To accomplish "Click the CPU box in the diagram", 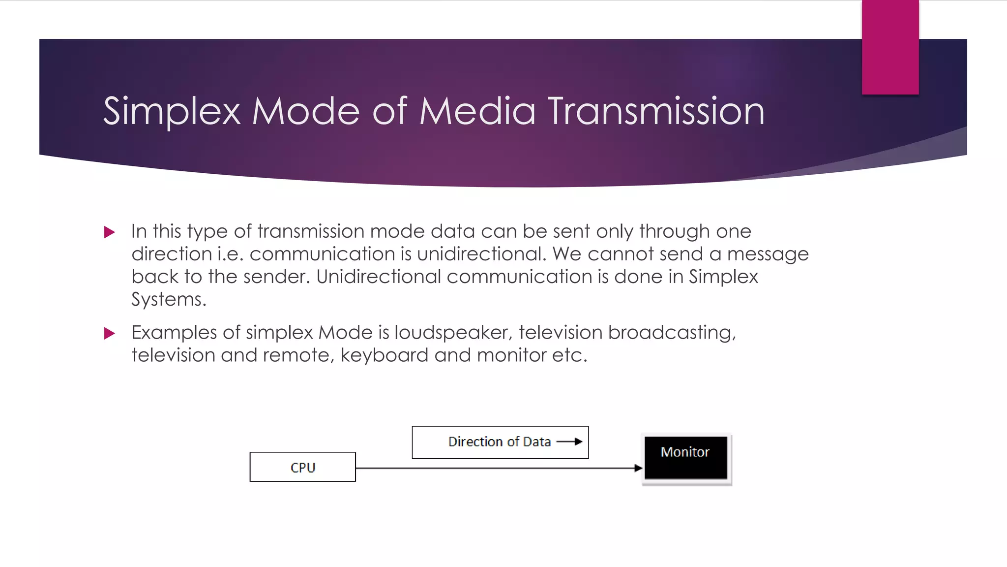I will (302, 467).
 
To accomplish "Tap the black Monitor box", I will (685, 457).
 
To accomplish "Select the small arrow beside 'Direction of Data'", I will (570, 441).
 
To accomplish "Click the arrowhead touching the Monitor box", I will (638, 468).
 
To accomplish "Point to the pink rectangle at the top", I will (890, 47).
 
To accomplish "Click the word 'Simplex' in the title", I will (172, 112).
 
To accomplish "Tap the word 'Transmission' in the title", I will (656, 112).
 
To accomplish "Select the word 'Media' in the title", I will (477, 112).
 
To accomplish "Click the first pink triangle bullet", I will (110, 232).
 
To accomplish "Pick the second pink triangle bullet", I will (110, 334).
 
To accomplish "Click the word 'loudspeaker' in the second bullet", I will (453, 333).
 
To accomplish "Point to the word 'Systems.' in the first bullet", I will (169, 299).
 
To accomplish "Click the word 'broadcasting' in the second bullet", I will (672, 333).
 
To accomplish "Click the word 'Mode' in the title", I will (306, 112).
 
